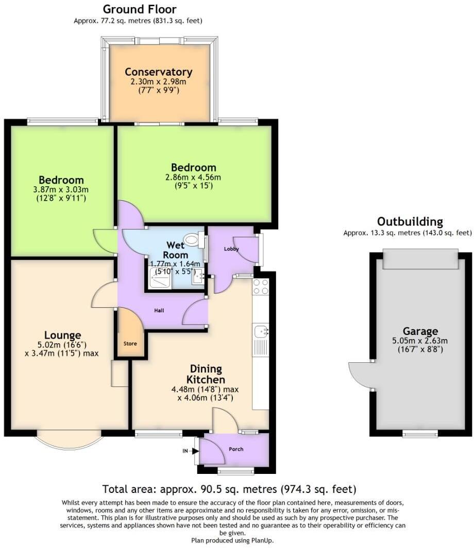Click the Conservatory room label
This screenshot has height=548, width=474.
click(x=158, y=72)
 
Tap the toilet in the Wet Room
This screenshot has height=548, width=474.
click(x=192, y=239)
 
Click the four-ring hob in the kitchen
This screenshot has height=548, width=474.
click(x=261, y=286)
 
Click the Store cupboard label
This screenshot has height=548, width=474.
click(x=130, y=343)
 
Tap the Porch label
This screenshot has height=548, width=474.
click(x=236, y=449)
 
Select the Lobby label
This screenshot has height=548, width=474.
click(x=231, y=249)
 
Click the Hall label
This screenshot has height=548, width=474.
click(x=160, y=310)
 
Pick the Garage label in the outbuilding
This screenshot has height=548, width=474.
click(x=420, y=331)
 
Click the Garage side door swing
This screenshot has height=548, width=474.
click(x=359, y=374)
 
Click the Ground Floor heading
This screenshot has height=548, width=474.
click(x=139, y=9)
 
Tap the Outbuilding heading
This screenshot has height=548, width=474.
click(x=410, y=222)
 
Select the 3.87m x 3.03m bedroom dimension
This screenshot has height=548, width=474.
click(x=61, y=189)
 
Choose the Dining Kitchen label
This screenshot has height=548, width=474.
click(x=206, y=374)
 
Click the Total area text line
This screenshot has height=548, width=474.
click(x=229, y=489)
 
